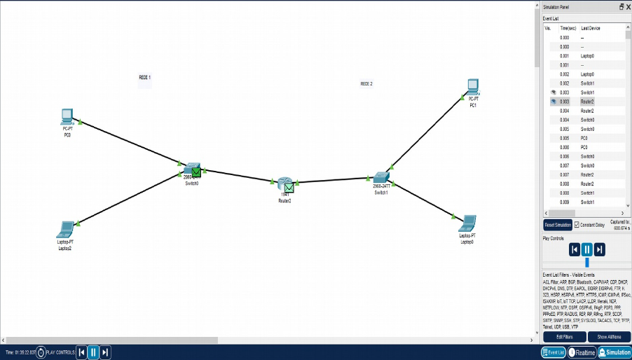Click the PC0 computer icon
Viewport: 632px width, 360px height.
pyautogui.click(x=67, y=116)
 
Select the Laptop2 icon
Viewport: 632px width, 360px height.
pyautogui.click(x=65, y=229)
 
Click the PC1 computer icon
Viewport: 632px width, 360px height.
pyautogui.click(x=473, y=87)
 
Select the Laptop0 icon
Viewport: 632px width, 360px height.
pyautogui.click(x=467, y=223)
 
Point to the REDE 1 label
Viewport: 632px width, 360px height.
pyautogui.click(x=144, y=77)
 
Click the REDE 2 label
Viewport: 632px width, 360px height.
pyautogui.click(x=366, y=83)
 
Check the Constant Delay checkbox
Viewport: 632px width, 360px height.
pyautogui.click(x=577, y=225)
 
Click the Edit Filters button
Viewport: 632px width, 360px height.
pyautogui.click(x=564, y=337)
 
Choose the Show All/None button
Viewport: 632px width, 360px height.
pyautogui.click(x=607, y=337)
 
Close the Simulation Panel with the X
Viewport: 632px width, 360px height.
pyautogui.click(x=628, y=6)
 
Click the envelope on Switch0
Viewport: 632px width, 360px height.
pyautogui.click(x=197, y=171)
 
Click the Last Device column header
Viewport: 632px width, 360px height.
pyautogui.click(x=591, y=28)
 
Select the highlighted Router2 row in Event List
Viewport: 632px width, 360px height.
pyautogui.click(x=587, y=102)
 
